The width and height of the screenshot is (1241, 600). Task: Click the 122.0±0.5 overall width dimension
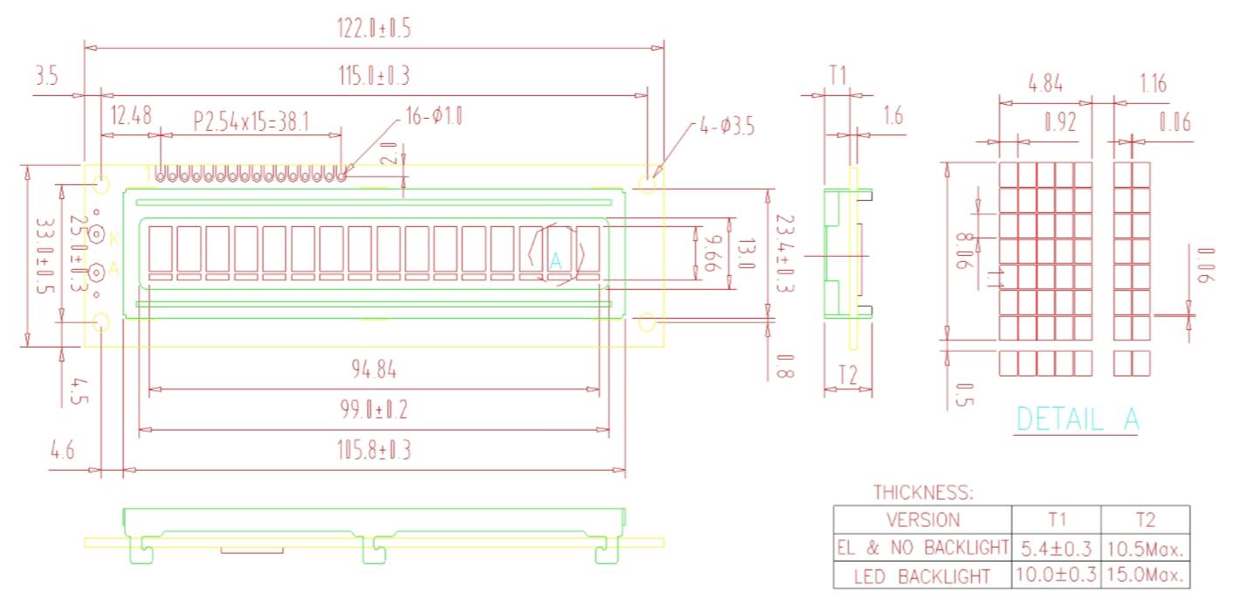click(x=374, y=29)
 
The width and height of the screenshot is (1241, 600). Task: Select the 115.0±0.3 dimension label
click(x=374, y=77)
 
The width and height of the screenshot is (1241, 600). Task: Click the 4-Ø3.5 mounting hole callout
click(x=727, y=126)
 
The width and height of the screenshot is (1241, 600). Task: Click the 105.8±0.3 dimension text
click(x=374, y=451)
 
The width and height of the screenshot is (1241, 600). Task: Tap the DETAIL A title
click(x=1078, y=419)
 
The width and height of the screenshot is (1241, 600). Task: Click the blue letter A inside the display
click(x=555, y=259)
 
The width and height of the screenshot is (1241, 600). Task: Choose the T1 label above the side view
click(x=838, y=76)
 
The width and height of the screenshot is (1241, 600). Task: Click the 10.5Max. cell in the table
click(x=1145, y=549)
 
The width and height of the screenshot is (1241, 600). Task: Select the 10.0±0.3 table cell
click(x=1057, y=576)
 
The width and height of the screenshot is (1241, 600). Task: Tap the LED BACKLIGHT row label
click(x=922, y=576)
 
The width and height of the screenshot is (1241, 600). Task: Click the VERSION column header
click(x=922, y=520)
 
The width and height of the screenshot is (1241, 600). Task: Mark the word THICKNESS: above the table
click(x=923, y=493)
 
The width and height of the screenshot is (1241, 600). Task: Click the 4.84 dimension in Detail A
click(x=1045, y=85)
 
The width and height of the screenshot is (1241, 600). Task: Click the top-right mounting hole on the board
click(x=647, y=183)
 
